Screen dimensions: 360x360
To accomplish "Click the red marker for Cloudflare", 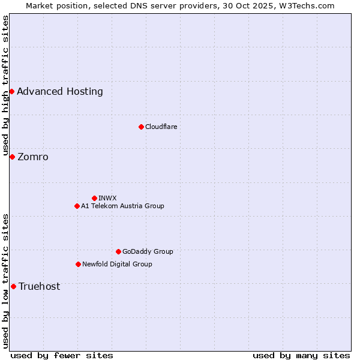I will pyautogui.click(x=141, y=127).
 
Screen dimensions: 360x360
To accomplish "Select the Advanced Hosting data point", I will pyautogui.click(x=12, y=91).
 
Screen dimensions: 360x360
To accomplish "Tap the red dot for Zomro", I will pyautogui.click(x=12, y=157).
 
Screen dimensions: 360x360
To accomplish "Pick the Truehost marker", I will pyautogui.click(x=13, y=286).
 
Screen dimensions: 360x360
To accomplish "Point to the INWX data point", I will pyautogui.click(x=94, y=198).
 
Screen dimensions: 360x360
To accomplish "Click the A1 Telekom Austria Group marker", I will pyautogui.click(x=77, y=206).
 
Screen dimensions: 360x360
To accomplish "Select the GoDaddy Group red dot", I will pyautogui.click(x=118, y=251).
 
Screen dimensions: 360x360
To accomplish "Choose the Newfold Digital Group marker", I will pyautogui.click(x=78, y=264).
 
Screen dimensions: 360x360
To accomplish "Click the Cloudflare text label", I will pyautogui.click(x=161, y=127).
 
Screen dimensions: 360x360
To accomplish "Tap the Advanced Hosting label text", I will pyautogui.click(x=60, y=92).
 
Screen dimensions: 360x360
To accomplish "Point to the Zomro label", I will pyautogui.click(x=33, y=157).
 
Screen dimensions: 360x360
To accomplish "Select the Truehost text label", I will pyautogui.click(x=40, y=287).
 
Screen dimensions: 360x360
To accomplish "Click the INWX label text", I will pyautogui.click(x=107, y=198).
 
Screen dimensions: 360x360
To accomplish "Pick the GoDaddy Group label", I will pyautogui.click(x=148, y=251).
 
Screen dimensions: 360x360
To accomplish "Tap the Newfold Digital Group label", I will pyautogui.click(x=117, y=264).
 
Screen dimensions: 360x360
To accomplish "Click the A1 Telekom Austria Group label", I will pyautogui.click(x=122, y=206).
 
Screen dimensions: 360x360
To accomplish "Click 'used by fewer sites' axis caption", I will pyautogui.click(x=62, y=355).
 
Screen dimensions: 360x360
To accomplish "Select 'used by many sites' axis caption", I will pyautogui.click(x=301, y=355).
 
